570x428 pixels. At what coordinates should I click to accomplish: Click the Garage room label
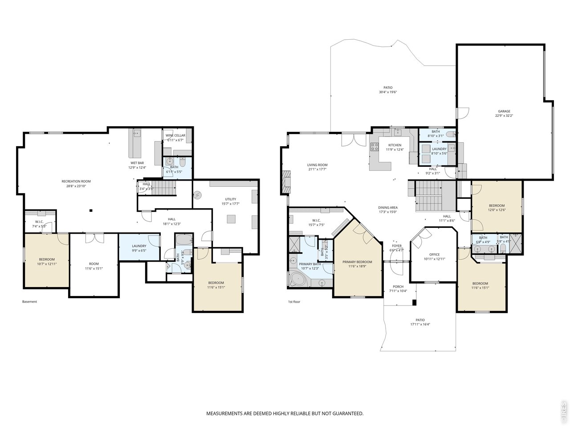504,111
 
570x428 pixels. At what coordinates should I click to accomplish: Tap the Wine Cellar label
175,136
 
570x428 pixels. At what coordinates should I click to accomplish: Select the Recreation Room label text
76,181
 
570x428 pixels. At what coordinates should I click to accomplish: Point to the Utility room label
230,199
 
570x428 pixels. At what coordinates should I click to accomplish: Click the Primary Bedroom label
357,262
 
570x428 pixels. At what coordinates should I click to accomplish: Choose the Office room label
434,255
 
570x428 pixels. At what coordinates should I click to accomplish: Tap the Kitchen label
395,145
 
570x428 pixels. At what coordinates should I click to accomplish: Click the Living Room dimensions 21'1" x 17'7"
317,169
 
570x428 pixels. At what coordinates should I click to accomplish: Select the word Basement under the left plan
30,302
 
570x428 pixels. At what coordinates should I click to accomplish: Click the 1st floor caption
294,302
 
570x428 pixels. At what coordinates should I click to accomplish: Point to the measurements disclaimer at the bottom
285,414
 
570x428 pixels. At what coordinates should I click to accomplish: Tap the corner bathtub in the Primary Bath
297,280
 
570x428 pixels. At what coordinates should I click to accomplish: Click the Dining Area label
388,208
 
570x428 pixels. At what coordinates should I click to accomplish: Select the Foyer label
397,246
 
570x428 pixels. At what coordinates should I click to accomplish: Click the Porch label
398,287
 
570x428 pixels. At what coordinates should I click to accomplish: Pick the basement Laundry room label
139,246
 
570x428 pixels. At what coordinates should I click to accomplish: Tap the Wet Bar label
137,163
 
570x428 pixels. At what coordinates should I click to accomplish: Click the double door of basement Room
94,238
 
